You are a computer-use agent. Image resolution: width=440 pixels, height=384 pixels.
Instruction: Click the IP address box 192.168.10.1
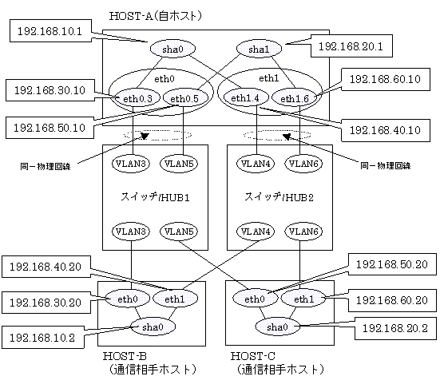click(50, 31)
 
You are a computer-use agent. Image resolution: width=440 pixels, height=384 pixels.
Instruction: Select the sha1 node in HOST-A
click(259, 49)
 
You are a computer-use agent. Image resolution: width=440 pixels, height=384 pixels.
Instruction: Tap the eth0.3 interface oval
click(137, 98)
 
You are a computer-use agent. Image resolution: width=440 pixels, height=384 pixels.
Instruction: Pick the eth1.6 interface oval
click(295, 98)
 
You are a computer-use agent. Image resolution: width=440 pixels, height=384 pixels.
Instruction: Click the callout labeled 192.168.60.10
click(386, 79)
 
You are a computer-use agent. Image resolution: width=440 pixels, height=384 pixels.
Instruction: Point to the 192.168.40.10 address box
click(386, 130)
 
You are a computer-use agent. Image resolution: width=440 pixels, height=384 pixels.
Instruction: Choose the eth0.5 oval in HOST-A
click(184, 98)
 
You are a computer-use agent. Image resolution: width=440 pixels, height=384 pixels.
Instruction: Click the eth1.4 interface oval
click(245, 98)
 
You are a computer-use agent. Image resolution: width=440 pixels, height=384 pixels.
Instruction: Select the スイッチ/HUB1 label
click(155, 197)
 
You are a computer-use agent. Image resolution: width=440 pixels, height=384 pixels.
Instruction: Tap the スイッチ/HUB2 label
click(279, 197)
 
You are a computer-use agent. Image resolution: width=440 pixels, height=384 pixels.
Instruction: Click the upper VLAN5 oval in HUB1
click(179, 164)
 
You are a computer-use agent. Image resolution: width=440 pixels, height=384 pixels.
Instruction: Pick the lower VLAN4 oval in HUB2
click(256, 232)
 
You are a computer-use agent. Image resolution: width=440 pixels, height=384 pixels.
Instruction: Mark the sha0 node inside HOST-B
click(153, 327)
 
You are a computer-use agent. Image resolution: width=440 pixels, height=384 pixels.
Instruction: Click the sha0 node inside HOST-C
click(277, 327)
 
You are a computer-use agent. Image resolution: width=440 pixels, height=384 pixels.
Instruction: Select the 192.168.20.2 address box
click(395, 328)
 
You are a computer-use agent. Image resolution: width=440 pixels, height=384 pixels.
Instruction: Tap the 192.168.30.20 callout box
click(46, 303)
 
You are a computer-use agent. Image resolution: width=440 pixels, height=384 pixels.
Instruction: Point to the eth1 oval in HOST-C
click(303, 299)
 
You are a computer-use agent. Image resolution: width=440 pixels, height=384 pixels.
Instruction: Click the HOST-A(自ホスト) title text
click(156, 16)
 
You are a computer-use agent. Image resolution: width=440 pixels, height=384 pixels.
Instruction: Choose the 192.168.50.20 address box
click(392, 264)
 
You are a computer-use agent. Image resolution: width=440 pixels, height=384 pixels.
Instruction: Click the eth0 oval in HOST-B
click(128, 299)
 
